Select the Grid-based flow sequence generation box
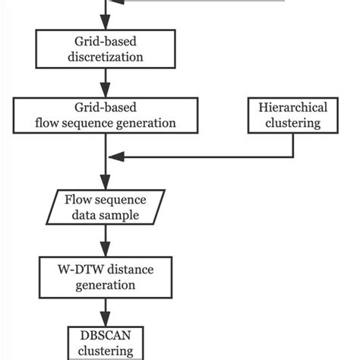tap(107, 114)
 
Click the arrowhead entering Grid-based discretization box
tap(107, 26)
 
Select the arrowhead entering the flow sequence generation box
tap(107, 93)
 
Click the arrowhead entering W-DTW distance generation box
tap(107, 252)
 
